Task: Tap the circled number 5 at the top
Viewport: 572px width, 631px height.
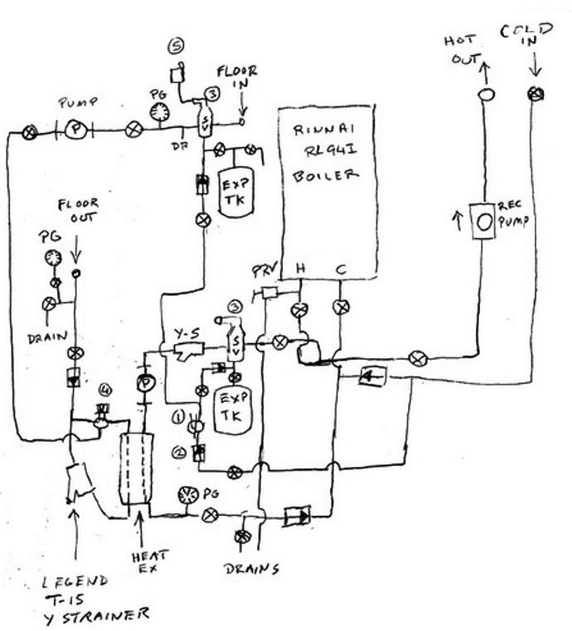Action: pos(177,45)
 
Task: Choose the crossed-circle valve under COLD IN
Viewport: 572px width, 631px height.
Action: pos(534,95)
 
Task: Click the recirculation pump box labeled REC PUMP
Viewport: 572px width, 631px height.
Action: pos(482,221)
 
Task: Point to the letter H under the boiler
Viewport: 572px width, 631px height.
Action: pos(301,269)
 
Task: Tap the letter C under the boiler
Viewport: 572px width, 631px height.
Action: pos(341,269)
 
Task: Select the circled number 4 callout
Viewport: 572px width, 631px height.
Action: pos(104,387)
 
